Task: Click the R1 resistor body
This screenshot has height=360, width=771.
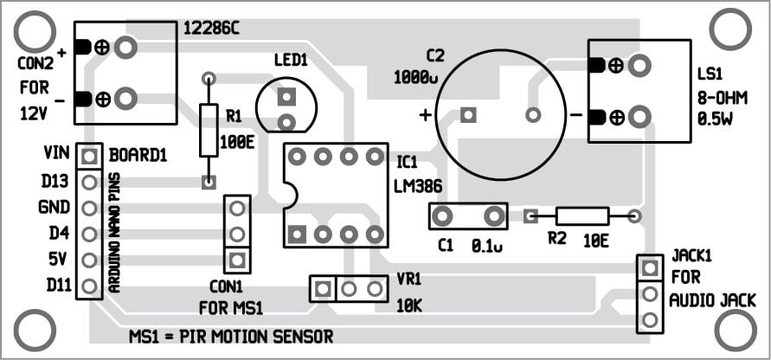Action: click(209, 130)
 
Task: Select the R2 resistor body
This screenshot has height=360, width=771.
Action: click(581, 216)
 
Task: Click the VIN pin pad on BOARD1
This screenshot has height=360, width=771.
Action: click(88, 157)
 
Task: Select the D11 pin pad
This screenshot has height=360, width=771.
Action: click(88, 286)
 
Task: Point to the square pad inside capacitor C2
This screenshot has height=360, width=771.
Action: click(468, 114)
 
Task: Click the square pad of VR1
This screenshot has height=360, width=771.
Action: click(323, 287)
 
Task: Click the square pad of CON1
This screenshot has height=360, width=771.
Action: click(236, 259)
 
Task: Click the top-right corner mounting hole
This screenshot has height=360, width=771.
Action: click(732, 29)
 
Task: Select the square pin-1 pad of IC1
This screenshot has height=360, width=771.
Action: click(297, 233)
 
